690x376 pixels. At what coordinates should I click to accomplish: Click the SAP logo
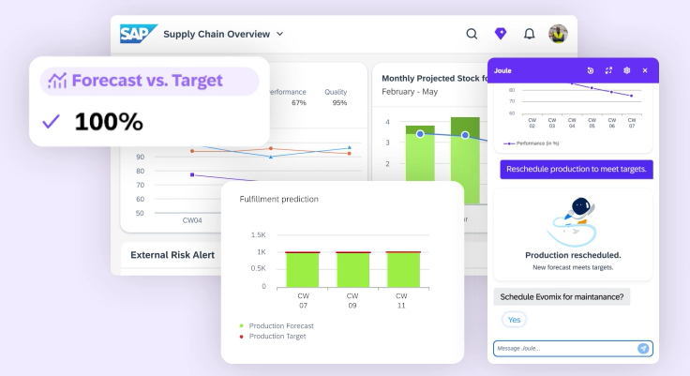coord(138,34)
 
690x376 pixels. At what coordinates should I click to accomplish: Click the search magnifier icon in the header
coord(472,34)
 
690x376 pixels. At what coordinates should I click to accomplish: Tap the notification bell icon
coord(529,34)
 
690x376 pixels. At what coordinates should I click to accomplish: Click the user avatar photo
coord(558,34)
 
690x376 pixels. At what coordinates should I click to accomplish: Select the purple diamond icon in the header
coord(501,34)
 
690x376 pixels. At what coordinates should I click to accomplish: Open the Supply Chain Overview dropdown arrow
coord(279,34)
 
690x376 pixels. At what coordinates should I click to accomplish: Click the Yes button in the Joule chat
coord(514,320)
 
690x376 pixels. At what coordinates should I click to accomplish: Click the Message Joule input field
coord(562,348)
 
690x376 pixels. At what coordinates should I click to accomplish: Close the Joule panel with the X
coord(644,70)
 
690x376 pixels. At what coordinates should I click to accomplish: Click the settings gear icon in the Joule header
coord(626,70)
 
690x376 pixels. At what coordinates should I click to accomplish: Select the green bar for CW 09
coord(352,269)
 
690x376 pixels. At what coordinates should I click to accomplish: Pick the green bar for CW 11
coord(403,269)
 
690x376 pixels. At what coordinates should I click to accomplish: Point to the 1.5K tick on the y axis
coord(257,234)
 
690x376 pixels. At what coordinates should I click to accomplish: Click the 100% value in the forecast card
coord(108,122)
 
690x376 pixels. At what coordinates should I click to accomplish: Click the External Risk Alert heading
coord(172,255)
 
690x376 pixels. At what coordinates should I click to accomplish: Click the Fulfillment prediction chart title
coord(278,199)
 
